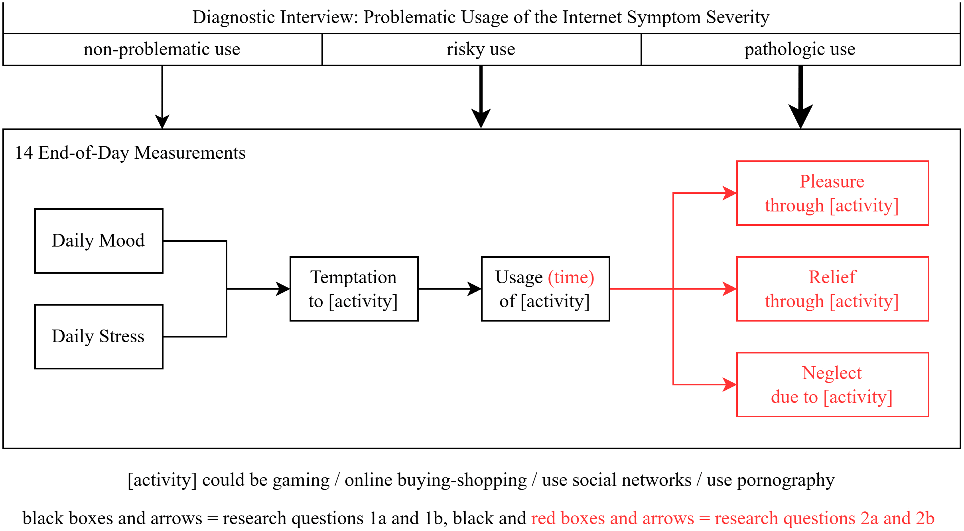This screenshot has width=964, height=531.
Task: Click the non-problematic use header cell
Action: point(162,49)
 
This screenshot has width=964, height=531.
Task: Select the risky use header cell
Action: point(481,49)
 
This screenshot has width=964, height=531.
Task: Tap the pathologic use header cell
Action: point(801,49)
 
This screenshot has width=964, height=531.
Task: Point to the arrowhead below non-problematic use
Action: point(162,122)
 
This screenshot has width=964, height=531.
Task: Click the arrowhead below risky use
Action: point(481,118)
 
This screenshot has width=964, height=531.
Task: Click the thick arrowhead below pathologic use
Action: point(801,116)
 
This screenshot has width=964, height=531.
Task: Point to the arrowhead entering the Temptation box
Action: point(283,289)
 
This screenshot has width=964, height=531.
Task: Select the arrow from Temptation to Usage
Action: point(450,289)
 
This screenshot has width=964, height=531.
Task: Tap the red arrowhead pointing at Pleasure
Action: point(730,193)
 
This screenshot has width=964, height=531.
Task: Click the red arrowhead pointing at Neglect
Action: point(730,385)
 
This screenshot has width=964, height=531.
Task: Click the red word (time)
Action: point(571,277)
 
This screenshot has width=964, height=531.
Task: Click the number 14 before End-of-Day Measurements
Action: point(24,153)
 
